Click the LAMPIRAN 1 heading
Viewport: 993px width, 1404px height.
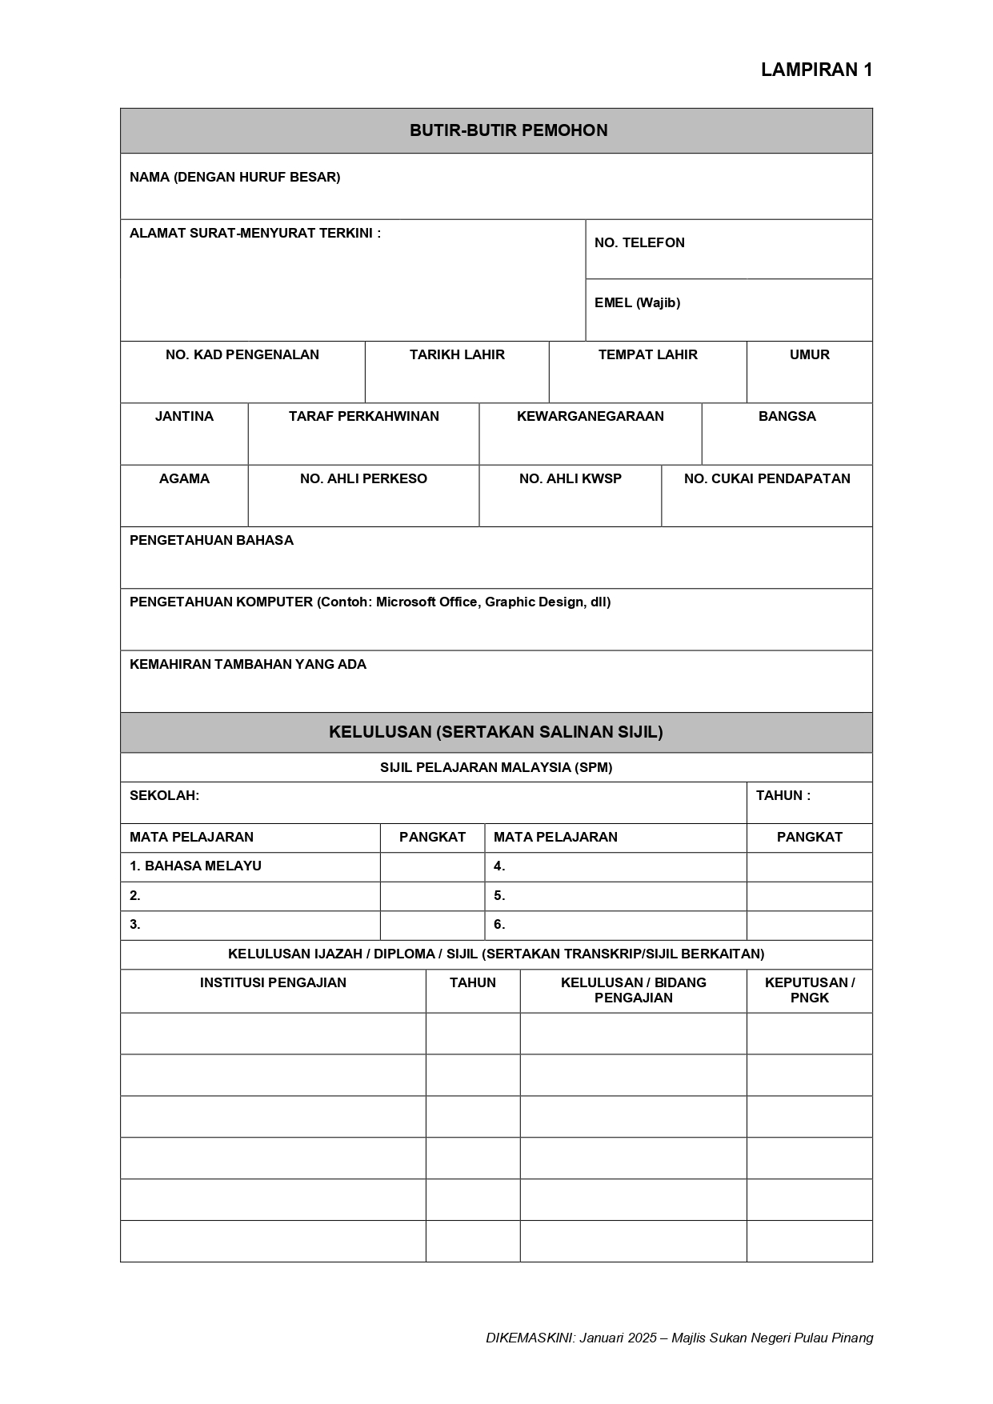(816, 70)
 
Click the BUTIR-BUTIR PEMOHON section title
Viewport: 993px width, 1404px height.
(508, 130)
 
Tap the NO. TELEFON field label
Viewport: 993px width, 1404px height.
(639, 242)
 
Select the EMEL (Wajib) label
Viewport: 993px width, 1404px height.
(637, 302)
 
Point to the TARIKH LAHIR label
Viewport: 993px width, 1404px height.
(457, 354)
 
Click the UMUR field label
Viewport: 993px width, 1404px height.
(809, 354)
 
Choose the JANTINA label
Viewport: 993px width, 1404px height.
(184, 416)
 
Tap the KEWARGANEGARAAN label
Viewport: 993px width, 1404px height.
(590, 416)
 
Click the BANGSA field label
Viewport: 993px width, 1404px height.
(787, 416)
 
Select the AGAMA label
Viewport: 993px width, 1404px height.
(184, 478)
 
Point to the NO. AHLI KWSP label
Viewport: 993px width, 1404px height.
(570, 478)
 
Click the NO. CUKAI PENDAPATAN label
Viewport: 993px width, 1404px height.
(767, 478)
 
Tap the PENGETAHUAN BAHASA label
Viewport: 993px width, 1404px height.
(211, 540)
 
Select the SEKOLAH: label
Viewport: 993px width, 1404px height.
(164, 795)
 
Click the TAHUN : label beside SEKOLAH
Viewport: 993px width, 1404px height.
(783, 795)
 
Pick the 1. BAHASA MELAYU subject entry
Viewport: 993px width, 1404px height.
(195, 866)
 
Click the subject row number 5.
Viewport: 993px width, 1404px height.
(499, 895)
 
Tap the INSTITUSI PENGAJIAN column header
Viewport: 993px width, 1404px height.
(273, 982)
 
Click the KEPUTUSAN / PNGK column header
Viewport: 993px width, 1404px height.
(809, 990)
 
